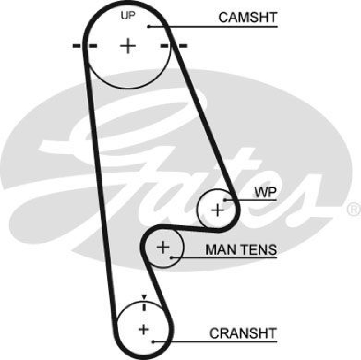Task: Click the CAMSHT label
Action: (247, 18)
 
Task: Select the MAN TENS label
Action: (241, 250)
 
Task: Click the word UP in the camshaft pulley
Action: (128, 16)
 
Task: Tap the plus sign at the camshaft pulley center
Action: (129, 46)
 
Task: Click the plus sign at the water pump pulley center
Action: (218, 210)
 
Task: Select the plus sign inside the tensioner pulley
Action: (162, 247)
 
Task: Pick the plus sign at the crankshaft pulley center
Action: (143, 329)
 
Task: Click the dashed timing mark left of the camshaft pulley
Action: (84, 46)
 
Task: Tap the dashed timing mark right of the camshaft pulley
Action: (174, 46)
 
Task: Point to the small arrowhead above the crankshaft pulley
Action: (144, 297)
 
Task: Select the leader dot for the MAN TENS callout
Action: (172, 258)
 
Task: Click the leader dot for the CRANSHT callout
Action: (154, 341)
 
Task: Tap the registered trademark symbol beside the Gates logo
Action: (352, 209)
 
